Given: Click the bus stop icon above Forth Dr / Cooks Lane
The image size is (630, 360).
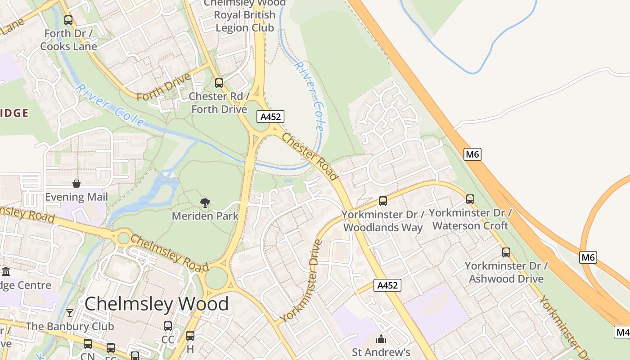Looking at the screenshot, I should [x=68, y=20].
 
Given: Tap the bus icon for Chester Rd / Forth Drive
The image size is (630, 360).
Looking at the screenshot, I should [x=219, y=83].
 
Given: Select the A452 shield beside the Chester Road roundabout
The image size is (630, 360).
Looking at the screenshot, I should [x=271, y=117].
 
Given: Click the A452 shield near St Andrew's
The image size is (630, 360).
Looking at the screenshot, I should [x=387, y=285].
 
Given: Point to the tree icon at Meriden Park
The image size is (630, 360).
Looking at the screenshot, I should [x=205, y=203].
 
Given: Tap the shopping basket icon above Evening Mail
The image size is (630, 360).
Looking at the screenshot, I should [x=76, y=184].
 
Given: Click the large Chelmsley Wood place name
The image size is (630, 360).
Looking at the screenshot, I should [x=157, y=304].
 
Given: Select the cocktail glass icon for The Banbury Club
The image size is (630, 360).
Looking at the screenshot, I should [x=70, y=313].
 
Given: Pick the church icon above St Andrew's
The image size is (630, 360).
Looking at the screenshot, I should [x=381, y=339].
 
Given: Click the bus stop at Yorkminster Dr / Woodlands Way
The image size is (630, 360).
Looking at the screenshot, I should [x=382, y=201].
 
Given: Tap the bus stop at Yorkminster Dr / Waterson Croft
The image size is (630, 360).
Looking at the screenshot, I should [x=470, y=199].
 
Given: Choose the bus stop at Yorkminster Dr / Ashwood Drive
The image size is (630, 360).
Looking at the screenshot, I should [x=506, y=252].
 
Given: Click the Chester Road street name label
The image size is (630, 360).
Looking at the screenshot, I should [x=310, y=156].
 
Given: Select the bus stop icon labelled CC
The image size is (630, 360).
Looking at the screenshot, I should [x=168, y=326].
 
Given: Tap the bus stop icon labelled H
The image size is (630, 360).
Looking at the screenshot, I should [x=190, y=336].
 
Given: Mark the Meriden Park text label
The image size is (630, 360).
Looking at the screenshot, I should [x=205, y=216].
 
